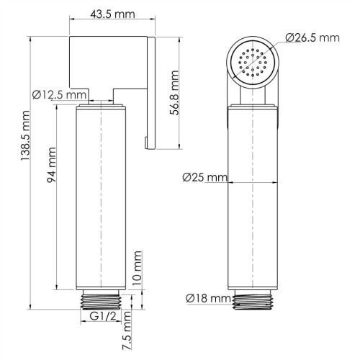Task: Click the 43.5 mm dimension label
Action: (110, 14)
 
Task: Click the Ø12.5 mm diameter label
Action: (60, 94)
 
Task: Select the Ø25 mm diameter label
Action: (204, 177)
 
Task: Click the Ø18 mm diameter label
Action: (207, 297)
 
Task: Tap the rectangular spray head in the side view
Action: (108, 63)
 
